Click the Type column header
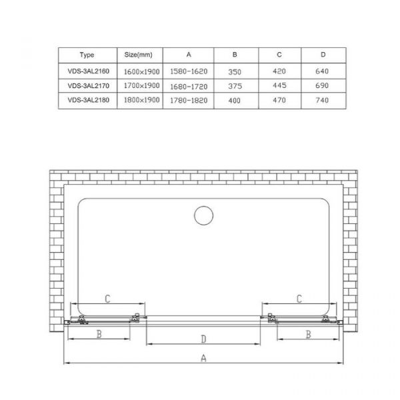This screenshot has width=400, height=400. point(86,55)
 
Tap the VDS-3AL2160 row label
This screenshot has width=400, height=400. point(86,70)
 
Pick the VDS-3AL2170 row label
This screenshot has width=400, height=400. point(86,85)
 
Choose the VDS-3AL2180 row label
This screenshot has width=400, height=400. point(86,100)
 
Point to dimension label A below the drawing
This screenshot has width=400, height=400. point(204,358)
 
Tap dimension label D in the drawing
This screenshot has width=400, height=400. point(203,339)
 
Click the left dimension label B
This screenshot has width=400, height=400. point(99,334)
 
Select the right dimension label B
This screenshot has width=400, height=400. point(309,334)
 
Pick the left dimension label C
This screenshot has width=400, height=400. point(107,297)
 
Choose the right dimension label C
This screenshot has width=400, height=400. point(299,297)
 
